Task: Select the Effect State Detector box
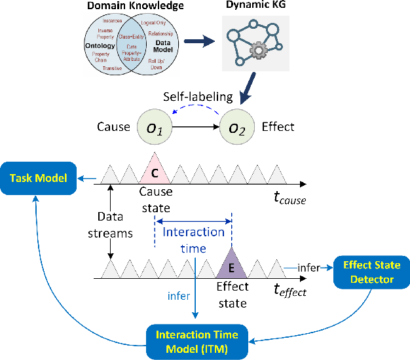(x=371, y=272)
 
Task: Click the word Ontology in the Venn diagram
(x=100, y=46)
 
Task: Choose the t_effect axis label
(x=288, y=291)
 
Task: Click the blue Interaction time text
(x=193, y=240)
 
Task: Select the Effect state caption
(x=232, y=295)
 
